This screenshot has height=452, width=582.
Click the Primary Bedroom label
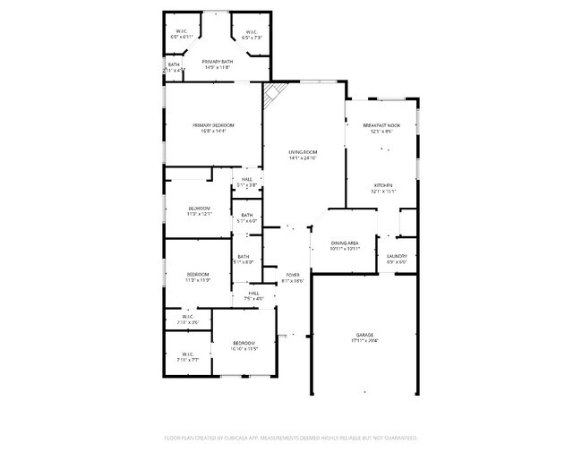(213, 124)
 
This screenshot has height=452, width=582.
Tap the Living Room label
(303, 153)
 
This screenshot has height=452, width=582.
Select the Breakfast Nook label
(381, 125)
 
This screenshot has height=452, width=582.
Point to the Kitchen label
(383, 184)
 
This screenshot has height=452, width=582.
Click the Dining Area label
(346, 243)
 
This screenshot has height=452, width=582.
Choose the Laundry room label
(397, 256)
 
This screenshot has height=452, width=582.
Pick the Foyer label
(292, 275)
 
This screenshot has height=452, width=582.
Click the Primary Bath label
(217, 61)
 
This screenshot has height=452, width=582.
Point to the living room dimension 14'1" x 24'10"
(303, 159)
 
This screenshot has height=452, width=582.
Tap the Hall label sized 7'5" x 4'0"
(253, 293)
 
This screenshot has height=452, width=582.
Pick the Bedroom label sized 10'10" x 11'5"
(244, 343)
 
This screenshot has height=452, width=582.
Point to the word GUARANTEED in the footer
(396, 439)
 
